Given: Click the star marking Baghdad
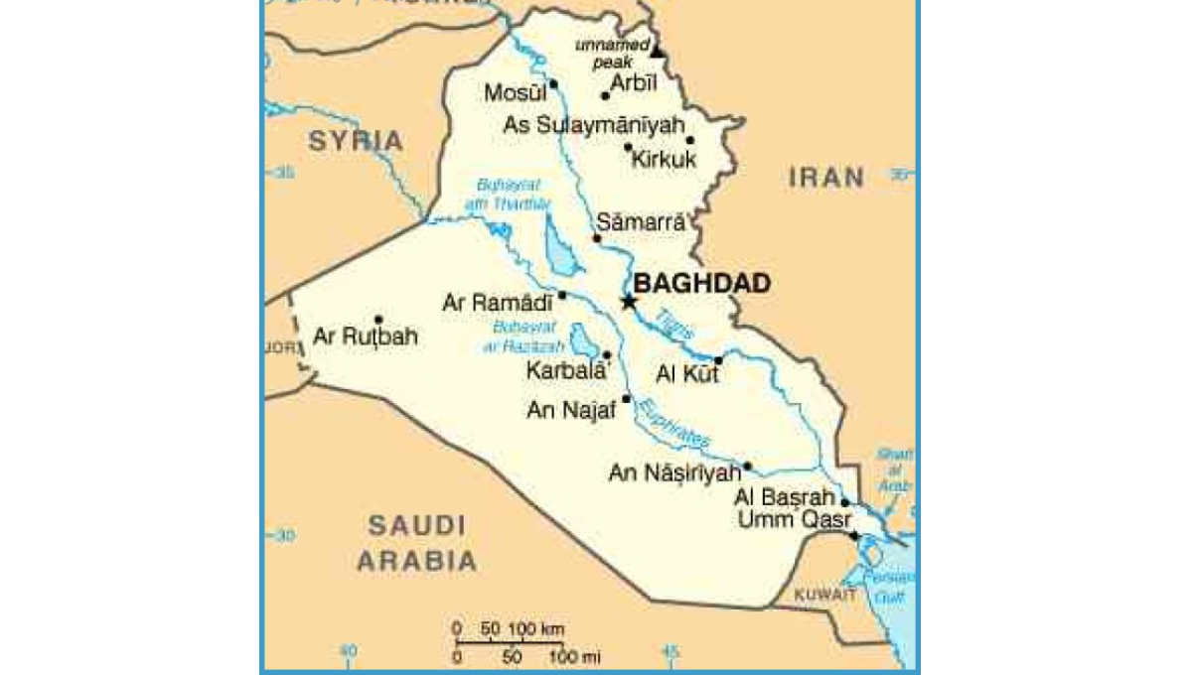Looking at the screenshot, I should click(x=628, y=301).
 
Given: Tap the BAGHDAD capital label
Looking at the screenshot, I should click(x=701, y=284).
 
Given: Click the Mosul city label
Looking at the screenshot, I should click(x=516, y=93).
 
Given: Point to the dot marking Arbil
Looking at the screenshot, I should click(x=605, y=96).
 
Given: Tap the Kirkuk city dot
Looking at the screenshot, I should click(x=628, y=147).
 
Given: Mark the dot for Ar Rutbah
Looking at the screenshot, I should click(x=378, y=319).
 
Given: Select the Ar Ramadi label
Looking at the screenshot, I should click(x=496, y=301).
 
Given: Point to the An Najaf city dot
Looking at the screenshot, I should click(x=626, y=399).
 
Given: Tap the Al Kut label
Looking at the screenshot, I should click(x=684, y=374).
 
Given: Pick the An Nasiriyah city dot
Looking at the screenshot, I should click(x=747, y=466).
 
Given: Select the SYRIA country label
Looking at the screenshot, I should click(x=356, y=141).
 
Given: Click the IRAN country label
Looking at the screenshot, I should click(x=826, y=178).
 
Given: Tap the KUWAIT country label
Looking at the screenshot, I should click(x=824, y=596).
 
